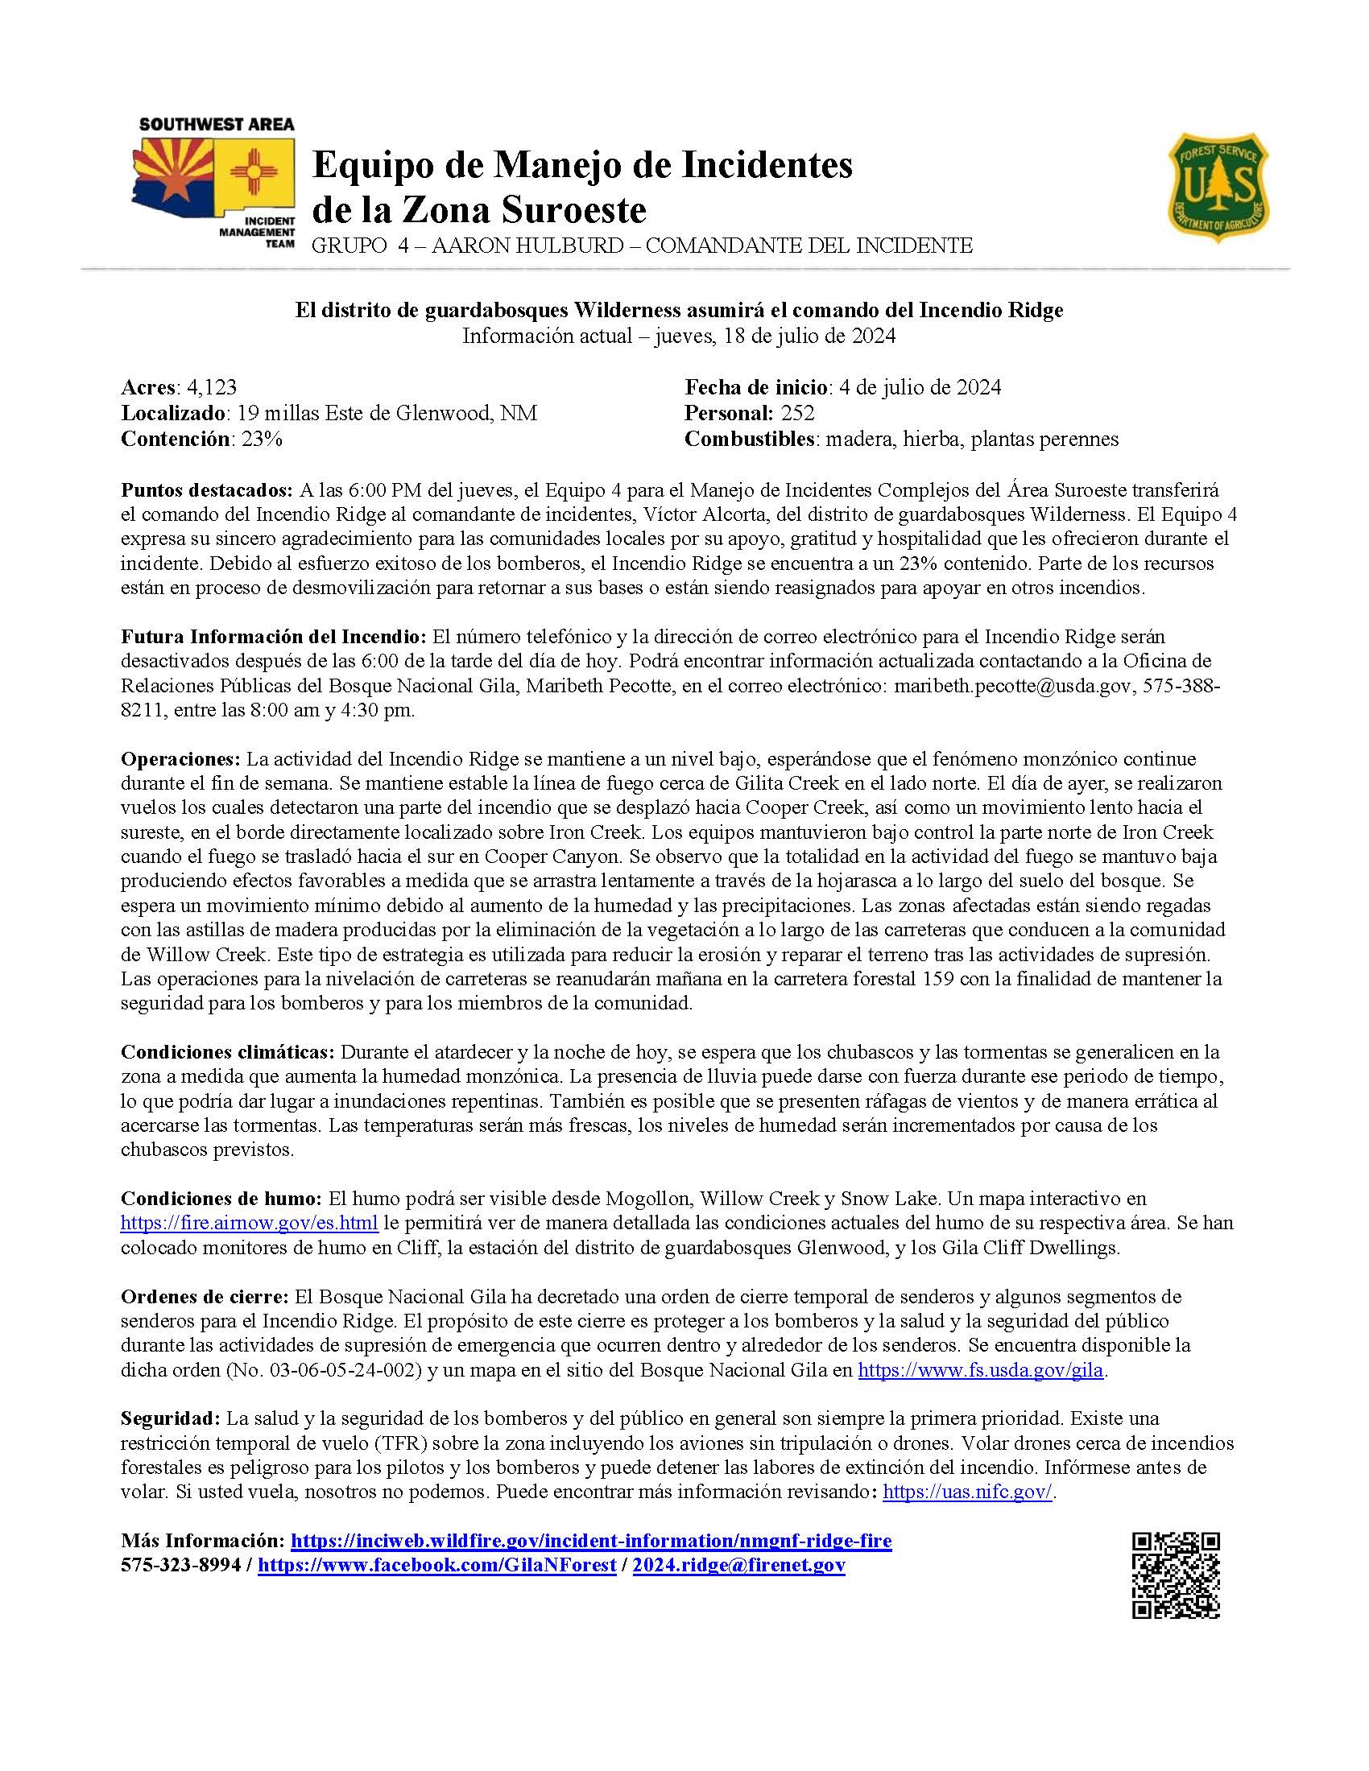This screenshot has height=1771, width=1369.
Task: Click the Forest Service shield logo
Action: click(x=1218, y=190)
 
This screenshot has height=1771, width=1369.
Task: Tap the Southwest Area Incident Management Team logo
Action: click(x=213, y=184)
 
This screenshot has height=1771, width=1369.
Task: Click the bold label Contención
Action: click(x=174, y=439)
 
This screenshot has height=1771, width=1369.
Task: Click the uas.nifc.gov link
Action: click(x=966, y=1492)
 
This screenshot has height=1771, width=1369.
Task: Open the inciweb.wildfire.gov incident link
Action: click(x=590, y=1541)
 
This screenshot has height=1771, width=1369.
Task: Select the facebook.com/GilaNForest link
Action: click(x=436, y=1565)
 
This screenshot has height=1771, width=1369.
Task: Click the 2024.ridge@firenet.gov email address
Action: click(x=738, y=1565)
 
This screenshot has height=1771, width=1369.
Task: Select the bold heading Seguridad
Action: click(x=170, y=1418)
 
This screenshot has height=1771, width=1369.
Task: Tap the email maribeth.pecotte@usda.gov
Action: click(x=1011, y=687)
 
